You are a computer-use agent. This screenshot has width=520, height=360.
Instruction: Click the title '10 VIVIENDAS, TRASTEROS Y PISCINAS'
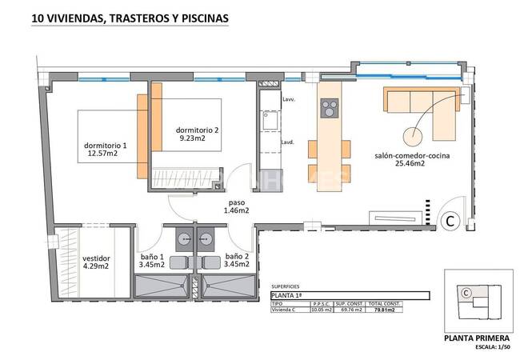click(x=130, y=17)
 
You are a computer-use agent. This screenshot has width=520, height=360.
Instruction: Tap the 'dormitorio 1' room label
click(x=106, y=146)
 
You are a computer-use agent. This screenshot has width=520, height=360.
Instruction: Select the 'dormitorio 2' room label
click(x=197, y=130)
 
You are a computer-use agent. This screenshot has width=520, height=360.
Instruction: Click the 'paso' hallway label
click(x=236, y=202)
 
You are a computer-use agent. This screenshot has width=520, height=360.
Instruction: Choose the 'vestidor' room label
click(x=96, y=258)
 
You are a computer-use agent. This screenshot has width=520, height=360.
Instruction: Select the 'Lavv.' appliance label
click(x=288, y=100)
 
